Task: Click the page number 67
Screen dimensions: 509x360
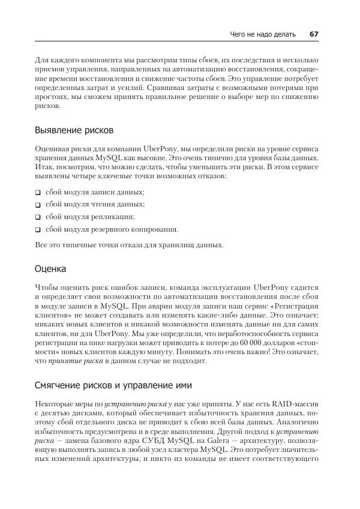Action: click(x=313, y=34)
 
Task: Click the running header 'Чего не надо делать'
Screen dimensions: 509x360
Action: click(x=263, y=34)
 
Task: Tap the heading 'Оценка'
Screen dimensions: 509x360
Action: click(x=50, y=268)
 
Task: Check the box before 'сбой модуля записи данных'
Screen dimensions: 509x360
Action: click(x=38, y=192)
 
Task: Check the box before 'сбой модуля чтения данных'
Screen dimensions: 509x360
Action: click(x=38, y=205)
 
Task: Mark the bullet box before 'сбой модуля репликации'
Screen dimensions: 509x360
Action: click(x=38, y=217)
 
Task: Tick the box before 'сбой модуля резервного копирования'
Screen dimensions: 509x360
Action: click(x=38, y=230)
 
